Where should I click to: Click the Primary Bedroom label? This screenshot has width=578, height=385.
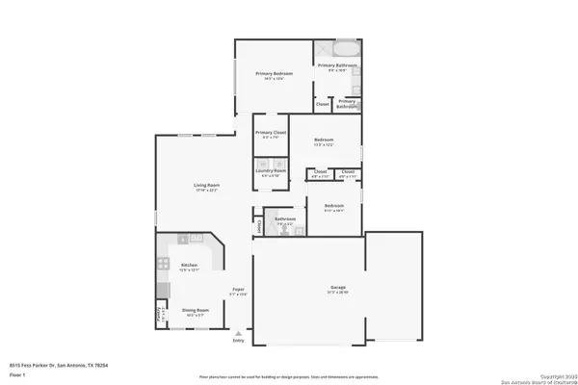coord(274,74)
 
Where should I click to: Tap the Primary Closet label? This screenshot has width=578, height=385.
coord(271,133)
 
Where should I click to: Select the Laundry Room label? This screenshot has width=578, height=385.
coord(271,171)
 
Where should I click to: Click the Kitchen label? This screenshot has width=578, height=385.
coord(190,265)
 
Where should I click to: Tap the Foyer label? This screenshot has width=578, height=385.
coord(238,289)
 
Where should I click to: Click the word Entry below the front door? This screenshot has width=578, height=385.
coord(239,340)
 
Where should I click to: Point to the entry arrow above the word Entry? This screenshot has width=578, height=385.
coord(238,332)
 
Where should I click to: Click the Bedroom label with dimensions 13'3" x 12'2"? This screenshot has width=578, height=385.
coord(324,141)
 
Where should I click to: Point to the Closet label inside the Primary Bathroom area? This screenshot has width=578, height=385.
coord(323,103)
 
